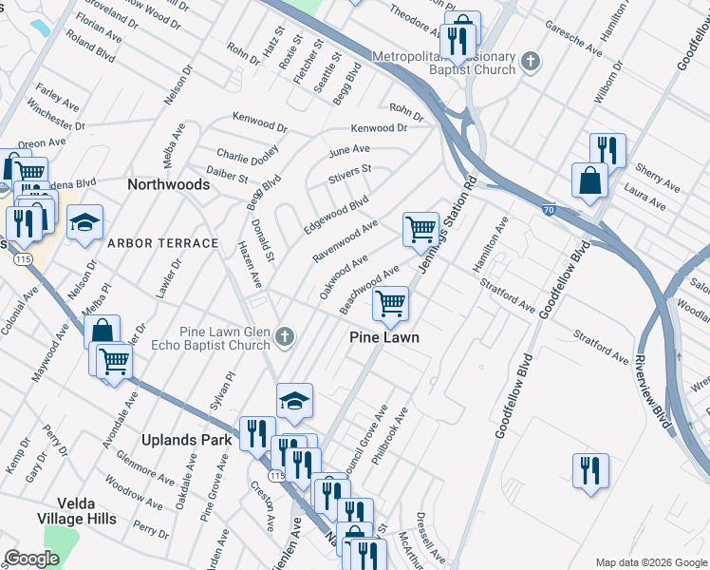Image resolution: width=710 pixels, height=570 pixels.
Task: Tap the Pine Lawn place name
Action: pyautogui.click(x=383, y=337)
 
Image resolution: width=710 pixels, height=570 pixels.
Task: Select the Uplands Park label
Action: pyautogui.click(x=186, y=441)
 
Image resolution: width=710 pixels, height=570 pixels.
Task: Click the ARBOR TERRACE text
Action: pyautogui.click(x=162, y=243)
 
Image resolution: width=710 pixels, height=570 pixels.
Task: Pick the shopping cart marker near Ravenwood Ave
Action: pyautogui.click(x=420, y=228)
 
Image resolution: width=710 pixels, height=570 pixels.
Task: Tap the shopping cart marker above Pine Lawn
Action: pyautogui.click(x=390, y=303)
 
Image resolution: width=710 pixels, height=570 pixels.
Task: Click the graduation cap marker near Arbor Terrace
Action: pyautogui.click(x=84, y=222)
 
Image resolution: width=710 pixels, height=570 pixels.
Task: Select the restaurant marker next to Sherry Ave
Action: pyautogui.click(x=607, y=150)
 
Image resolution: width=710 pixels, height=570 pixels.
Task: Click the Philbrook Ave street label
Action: pyautogui.click(x=390, y=436)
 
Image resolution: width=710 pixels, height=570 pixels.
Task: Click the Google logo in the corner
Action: pyautogui.click(x=31, y=559)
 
